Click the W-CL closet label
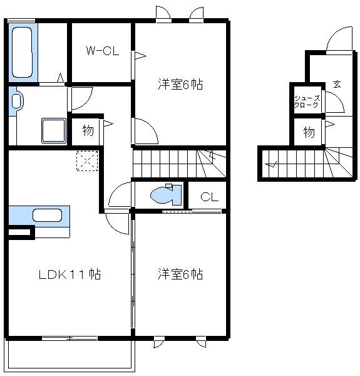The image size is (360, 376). [x=102, y=51]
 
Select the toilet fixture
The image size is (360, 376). [x=165, y=195]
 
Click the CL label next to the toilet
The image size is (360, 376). [x=209, y=197]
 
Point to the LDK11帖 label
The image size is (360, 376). [x=70, y=274]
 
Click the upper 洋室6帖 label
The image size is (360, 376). [x=180, y=84]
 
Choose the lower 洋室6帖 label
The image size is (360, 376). [x=180, y=274]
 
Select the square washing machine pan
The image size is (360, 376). [x=53, y=131]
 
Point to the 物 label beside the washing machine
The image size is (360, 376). [x=88, y=132]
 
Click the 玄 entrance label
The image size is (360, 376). [x=336, y=85]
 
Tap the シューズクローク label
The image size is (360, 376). [x=307, y=102]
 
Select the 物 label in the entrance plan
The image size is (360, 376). [x=309, y=132]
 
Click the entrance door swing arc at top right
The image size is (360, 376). [x=339, y=40]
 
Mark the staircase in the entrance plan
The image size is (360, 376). [x=307, y=164]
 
